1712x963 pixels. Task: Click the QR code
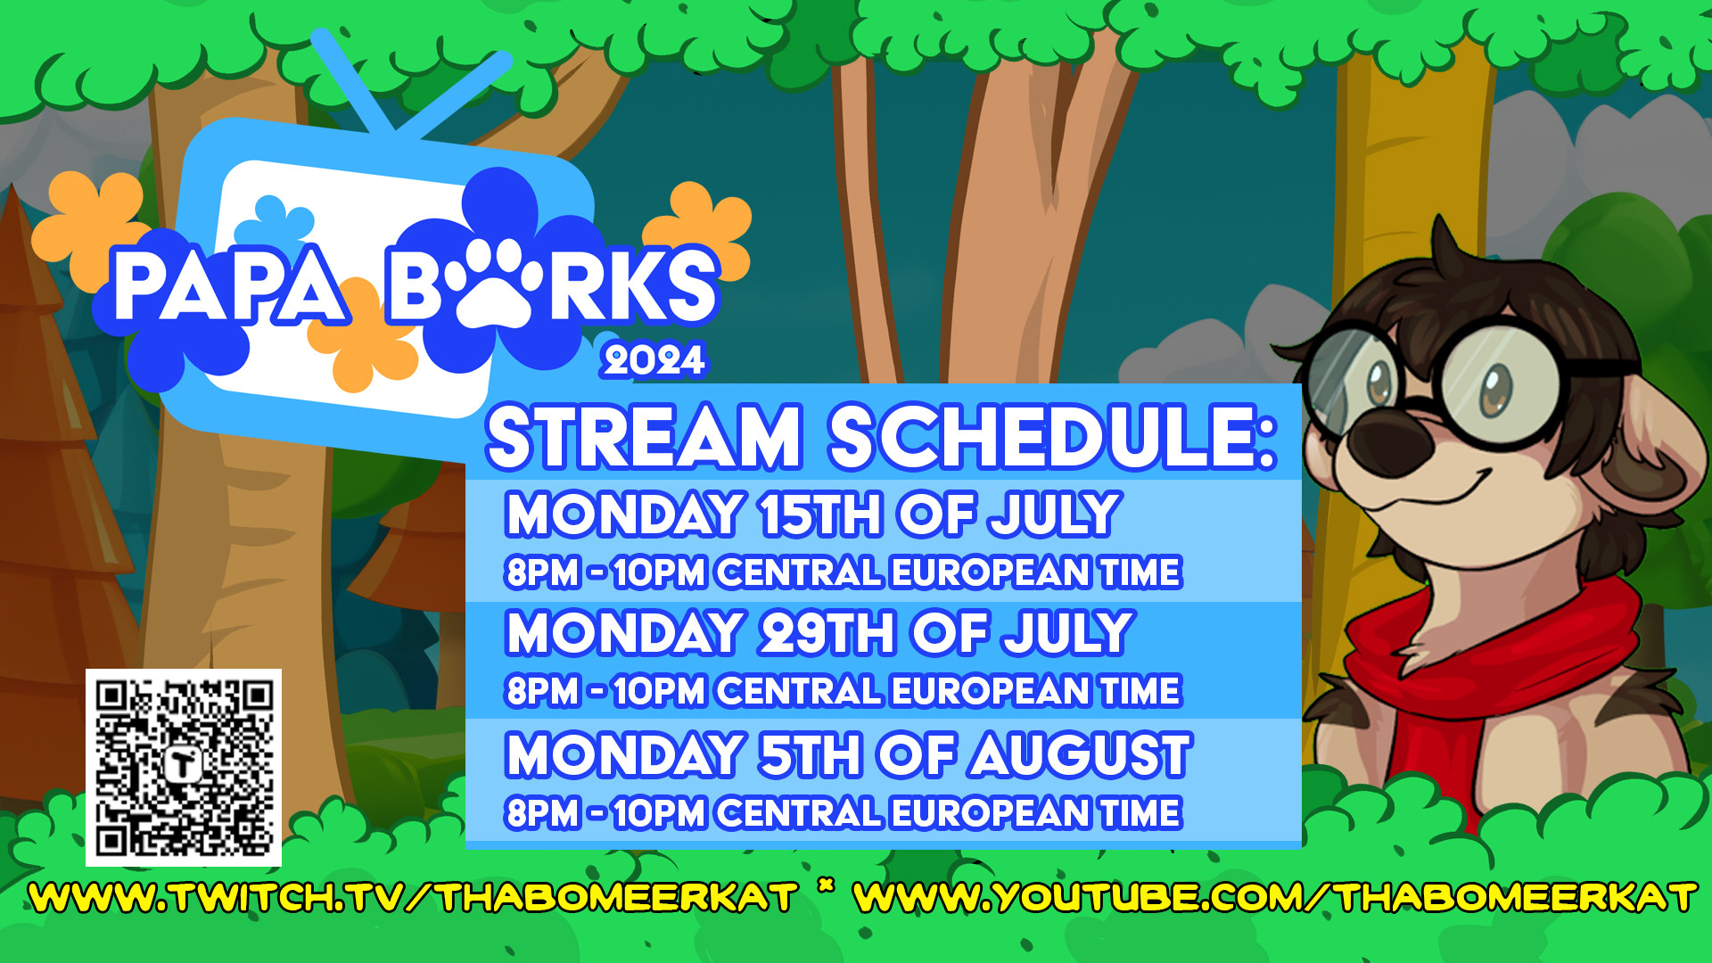tap(184, 768)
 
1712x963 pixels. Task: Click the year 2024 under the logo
tap(654, 360)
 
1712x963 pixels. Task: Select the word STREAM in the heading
tap(645, 436)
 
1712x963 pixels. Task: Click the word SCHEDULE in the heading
tap(1054, 436)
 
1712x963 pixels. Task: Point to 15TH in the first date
tap(820, 514)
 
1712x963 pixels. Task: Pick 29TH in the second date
tap(827, 633)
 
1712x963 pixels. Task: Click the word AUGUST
tap(1082, 754)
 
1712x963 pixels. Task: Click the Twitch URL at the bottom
tap(413, 897)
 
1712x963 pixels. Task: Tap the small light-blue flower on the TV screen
tap(284, 222)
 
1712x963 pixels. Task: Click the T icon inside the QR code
tap(184, 765)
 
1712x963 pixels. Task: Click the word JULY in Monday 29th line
tap(1067, 633)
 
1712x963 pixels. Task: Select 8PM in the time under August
tap(542, 813)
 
